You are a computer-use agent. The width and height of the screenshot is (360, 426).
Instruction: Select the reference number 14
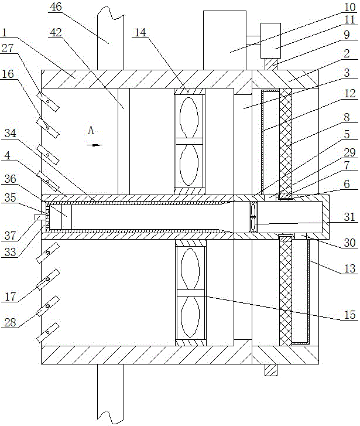[140, 34]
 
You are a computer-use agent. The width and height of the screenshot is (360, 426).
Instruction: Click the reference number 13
[349, 270]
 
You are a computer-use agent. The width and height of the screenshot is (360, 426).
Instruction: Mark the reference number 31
[349, 217]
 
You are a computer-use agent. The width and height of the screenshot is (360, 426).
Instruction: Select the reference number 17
[8, 297]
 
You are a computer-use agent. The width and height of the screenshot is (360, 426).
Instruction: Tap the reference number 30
[349, 241]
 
